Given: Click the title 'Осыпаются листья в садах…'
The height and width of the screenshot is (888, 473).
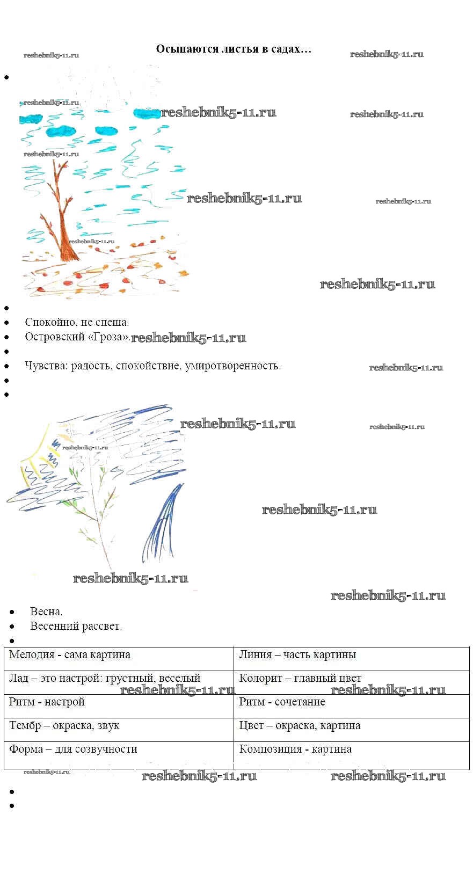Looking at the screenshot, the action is click(234, 49).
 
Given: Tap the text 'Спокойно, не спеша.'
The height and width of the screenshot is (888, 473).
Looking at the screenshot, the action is click(77, 322).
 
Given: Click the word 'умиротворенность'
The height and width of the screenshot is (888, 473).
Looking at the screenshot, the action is click(232, 366).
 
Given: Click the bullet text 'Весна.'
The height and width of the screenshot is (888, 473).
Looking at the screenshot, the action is click(46, 612).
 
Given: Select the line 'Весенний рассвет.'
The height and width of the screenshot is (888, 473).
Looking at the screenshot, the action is click(76, 626).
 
